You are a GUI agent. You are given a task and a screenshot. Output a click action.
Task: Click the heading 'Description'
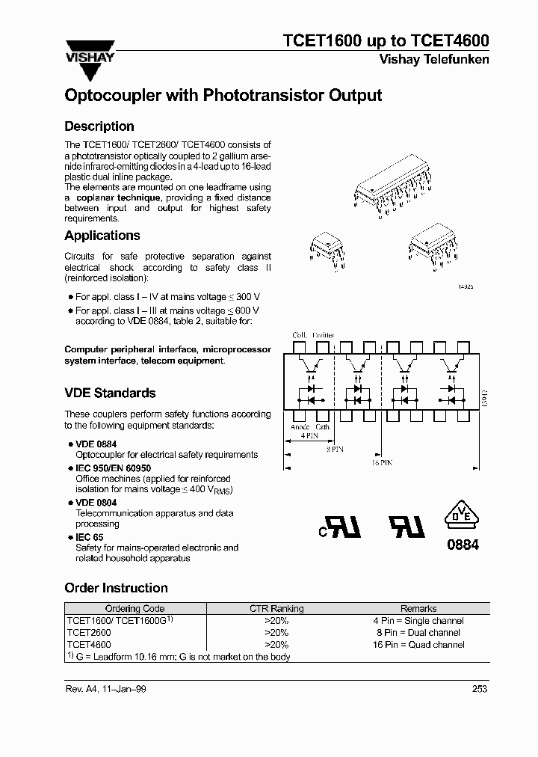(x=99, y=126)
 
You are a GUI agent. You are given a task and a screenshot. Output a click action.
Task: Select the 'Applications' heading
(x=102, y=236)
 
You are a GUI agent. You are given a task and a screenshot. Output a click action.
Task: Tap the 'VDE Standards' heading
(x=110, y=393)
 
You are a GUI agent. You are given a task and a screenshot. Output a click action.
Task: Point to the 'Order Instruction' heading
(x=116, y=588)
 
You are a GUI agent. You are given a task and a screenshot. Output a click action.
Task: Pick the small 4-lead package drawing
(x=327, y=250)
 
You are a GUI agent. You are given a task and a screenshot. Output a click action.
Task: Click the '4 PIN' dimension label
(x=304, y=434)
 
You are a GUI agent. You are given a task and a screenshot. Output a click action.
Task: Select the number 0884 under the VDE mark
(x=463, y=545)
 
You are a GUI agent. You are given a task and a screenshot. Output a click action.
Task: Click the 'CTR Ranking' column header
(x=276, y=609)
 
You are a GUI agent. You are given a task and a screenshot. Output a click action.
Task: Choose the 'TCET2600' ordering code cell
(x=89, y=633)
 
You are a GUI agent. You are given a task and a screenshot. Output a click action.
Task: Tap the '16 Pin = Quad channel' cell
(x=418, y=645)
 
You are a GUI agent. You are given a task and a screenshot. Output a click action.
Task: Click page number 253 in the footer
(x=479, y=689)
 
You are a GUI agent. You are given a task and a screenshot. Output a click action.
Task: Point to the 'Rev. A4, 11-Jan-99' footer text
(x=105, y=689)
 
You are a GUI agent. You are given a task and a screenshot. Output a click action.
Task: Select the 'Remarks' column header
(x=418, y=609)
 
